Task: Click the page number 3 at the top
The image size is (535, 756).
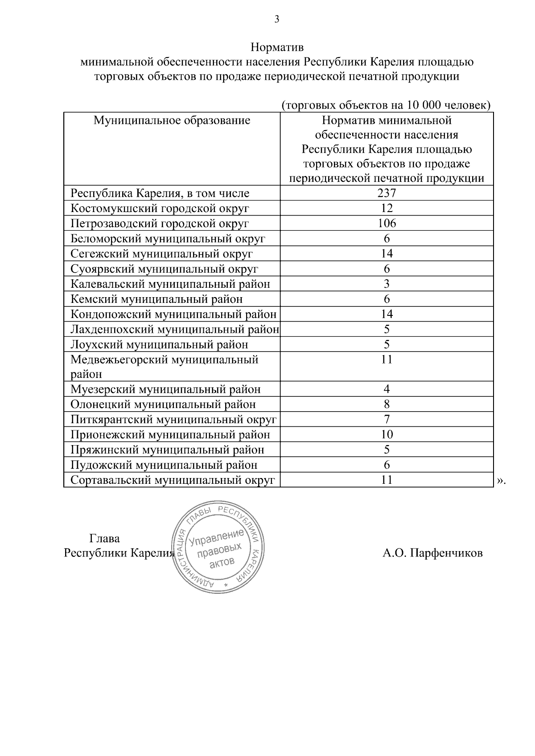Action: [276, 19]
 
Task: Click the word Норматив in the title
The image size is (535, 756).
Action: [276, 47]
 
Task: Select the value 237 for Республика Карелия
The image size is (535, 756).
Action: [387, 193]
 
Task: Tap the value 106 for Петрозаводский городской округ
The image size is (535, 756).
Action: [387, 223]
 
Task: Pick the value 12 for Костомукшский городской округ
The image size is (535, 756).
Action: [387, 208]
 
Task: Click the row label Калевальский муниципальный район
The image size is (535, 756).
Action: [170, 284]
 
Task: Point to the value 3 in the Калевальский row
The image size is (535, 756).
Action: [387, 284]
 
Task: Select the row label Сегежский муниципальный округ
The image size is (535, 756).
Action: [161, 253]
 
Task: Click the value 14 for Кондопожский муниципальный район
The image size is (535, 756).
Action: [387, 314]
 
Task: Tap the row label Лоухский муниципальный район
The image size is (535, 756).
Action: [159, 344]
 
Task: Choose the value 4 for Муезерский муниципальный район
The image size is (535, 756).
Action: [387, 389]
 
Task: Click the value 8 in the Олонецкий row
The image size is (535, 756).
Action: [387, 404]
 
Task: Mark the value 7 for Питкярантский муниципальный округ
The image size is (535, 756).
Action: [387, 419]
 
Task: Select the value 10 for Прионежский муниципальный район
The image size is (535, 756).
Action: [387, 434]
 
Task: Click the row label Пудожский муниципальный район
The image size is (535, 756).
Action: [164, 465]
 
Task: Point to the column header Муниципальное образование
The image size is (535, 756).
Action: [172, 120]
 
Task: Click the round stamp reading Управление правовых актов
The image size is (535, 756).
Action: [218, 547]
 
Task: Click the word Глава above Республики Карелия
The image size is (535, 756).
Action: [104, 539]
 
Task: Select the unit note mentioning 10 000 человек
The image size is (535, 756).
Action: [386, 105]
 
